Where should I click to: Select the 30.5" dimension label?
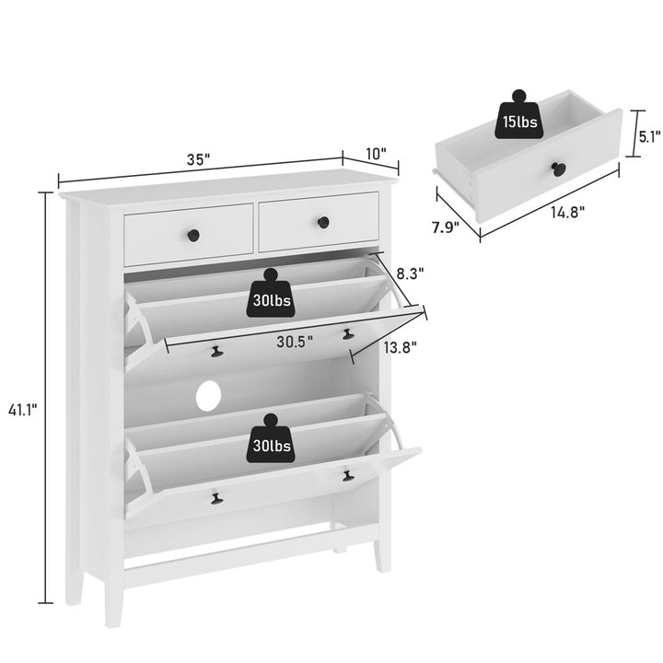click(295, 340)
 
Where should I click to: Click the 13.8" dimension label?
click(401, 347)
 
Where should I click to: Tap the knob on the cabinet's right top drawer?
click(322, 222)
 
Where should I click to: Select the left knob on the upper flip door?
click(218, 350)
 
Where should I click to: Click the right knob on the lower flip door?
click(347, 475)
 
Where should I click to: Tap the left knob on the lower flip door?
click(216, 498)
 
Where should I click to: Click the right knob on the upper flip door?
click(348, 334)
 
